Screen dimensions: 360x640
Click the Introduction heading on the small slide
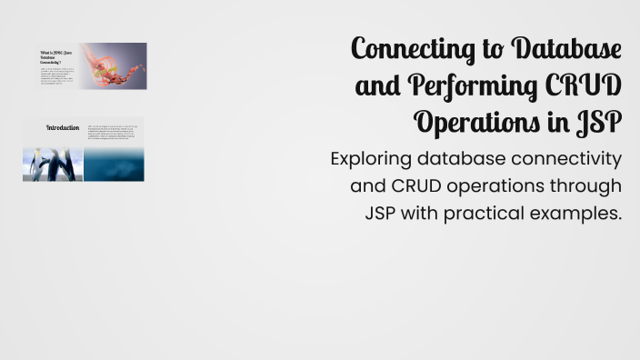[63, 128]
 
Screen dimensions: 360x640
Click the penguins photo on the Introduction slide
[53, 165]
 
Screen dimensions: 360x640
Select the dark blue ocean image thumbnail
[114, 165]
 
